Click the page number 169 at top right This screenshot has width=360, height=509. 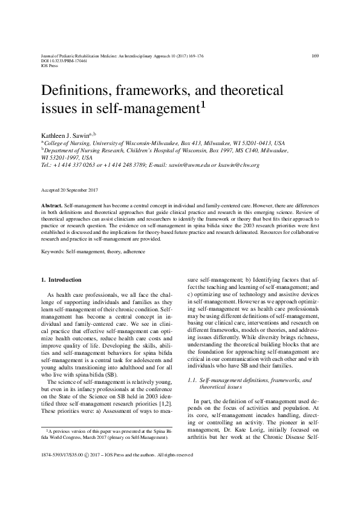(315, 56)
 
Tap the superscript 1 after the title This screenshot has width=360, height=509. (220, 104)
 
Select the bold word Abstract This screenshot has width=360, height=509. (51, 206)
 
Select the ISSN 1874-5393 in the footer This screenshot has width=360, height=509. (56, 488)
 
